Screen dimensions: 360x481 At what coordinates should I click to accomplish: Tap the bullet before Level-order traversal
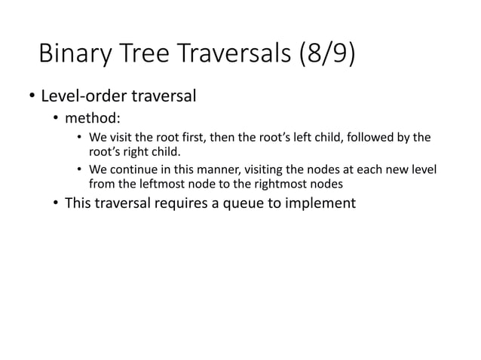[32, 97]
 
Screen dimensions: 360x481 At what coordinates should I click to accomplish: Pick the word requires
[189, 203]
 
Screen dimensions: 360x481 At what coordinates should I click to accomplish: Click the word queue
[253, 203]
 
